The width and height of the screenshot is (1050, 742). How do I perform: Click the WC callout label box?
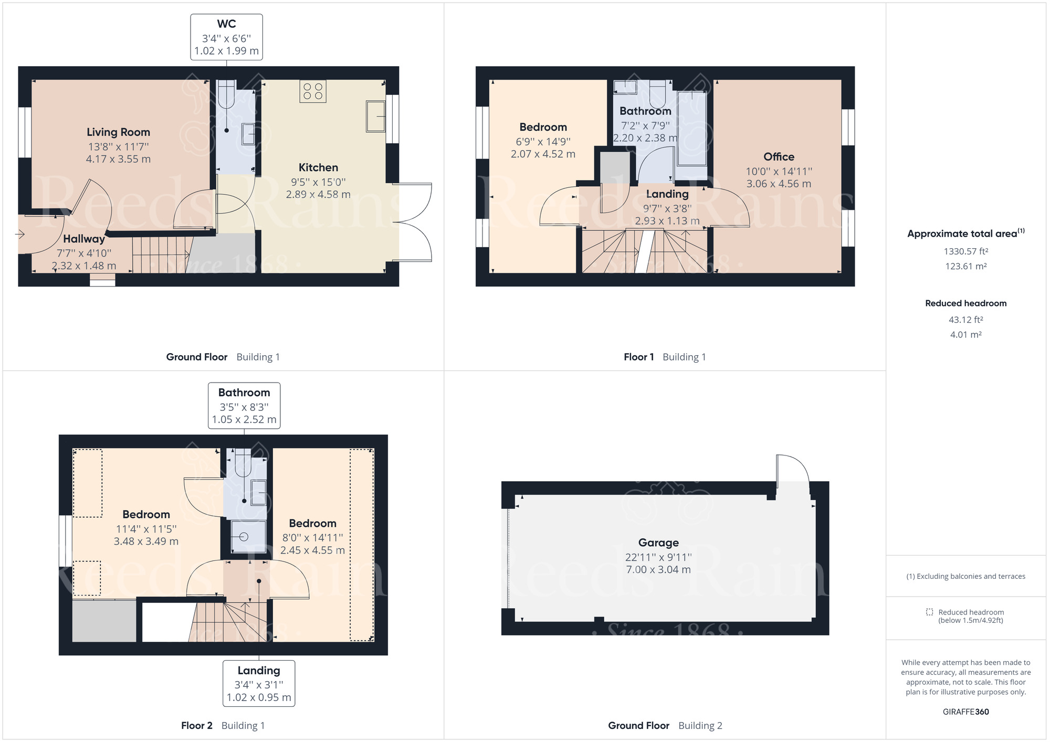(226, 37)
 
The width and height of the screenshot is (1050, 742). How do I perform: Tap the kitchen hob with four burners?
(313, 91)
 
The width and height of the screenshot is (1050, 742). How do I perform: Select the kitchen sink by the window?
(375, 116)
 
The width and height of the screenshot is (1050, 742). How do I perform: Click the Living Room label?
(118, 132)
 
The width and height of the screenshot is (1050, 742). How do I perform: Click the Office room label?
(779, 157)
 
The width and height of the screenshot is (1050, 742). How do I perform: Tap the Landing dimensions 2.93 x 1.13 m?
(667, 221)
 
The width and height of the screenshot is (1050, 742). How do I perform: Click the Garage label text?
(658, 543)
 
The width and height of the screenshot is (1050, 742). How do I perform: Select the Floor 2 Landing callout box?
(259, 684)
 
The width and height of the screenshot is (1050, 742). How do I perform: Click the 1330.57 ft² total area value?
(965, 251)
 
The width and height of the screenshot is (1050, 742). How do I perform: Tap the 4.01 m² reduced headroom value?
(965, 335)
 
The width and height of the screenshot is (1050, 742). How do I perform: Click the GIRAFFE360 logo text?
(965, 712)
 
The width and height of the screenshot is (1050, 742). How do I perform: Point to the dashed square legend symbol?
(929, 612)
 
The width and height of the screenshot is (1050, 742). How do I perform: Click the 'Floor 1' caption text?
(638, 357)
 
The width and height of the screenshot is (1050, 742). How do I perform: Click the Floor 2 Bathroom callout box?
(244, 406)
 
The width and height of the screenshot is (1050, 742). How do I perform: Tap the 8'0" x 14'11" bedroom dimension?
(312, 538)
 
